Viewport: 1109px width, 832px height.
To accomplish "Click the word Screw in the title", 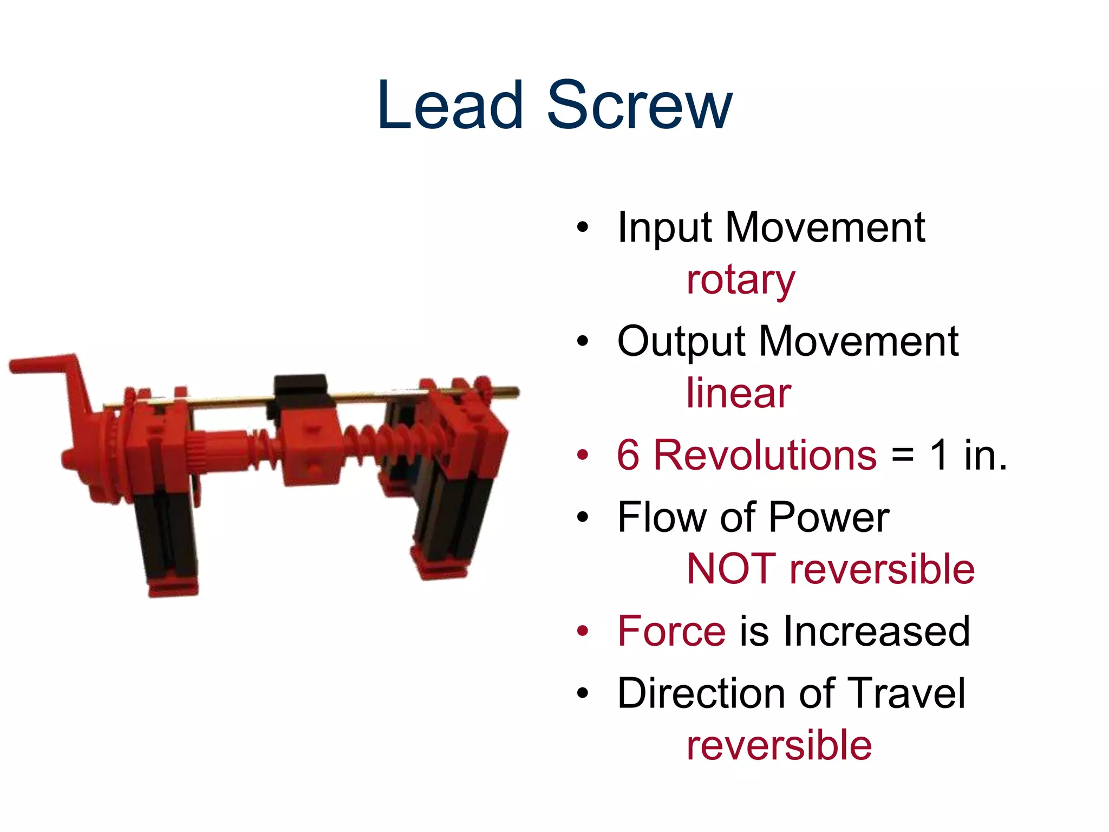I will (640, 106).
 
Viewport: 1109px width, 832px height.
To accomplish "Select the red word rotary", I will (740, 281).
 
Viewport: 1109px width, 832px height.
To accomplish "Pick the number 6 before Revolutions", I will (628, 455).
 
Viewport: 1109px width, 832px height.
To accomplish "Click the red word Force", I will (671, 631).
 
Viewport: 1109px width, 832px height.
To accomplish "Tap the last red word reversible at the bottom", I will (779, 746).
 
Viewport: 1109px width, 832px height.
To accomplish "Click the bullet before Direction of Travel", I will (582, 693).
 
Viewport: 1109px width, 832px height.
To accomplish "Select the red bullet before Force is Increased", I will (582, 632).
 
